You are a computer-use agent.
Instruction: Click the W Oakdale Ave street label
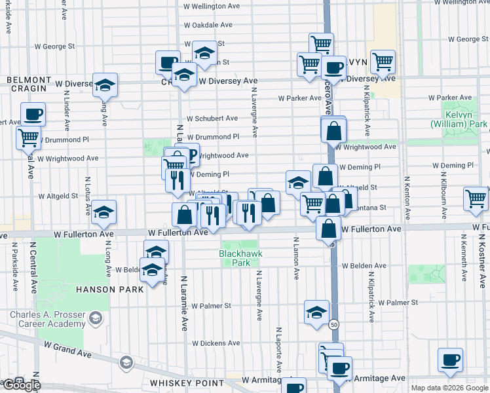click(208, 25)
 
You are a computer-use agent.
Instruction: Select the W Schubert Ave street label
click(212, 119)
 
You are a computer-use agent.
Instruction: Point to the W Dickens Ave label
click(216, 343)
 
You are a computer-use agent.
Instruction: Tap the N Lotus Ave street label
click(87, 195)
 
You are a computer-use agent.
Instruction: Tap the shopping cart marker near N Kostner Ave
click(476, 199)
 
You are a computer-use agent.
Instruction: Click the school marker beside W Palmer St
click(316, 312)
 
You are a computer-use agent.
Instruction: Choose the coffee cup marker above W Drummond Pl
click(33, 114)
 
